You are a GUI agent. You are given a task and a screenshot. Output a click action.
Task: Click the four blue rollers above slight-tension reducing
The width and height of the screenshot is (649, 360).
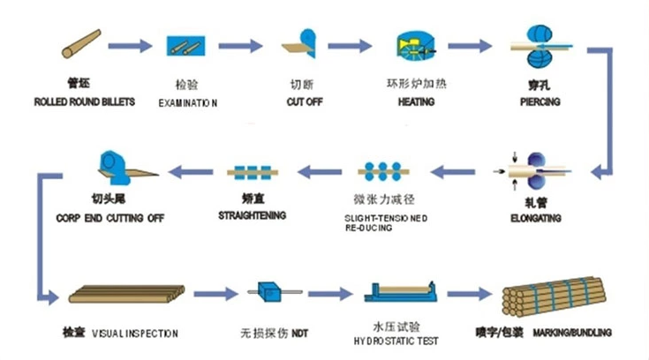pyautogui.click(x=382, y=170)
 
